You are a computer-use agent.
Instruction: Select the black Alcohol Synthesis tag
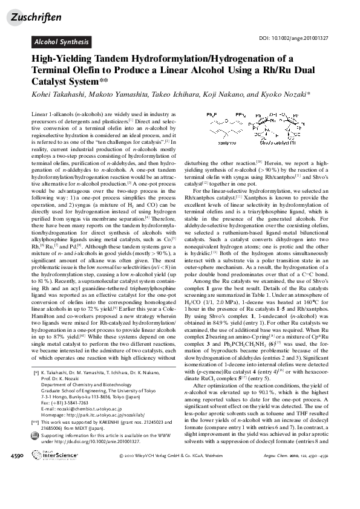[62, 42]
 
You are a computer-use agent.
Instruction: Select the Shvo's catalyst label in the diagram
[275, 143]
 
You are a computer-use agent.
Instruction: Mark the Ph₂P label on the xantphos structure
[211, 114]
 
